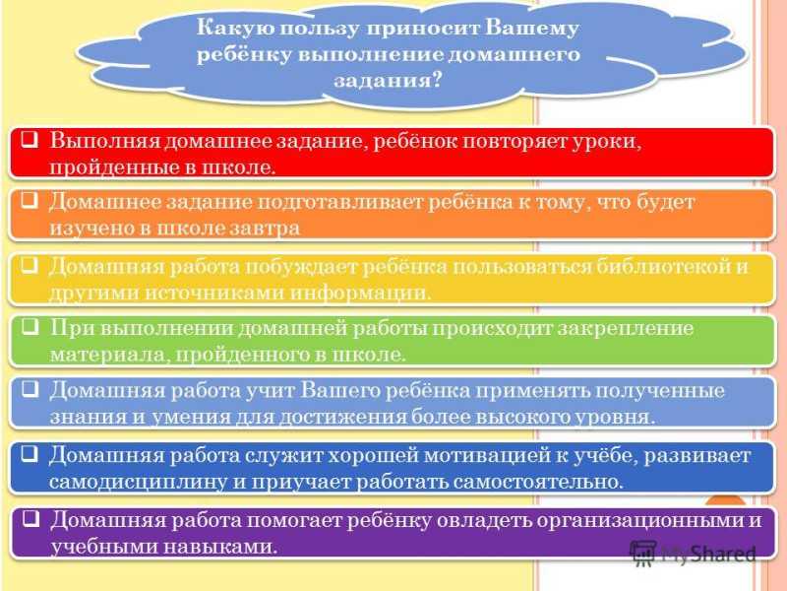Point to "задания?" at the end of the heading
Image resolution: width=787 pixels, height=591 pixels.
point(388,81)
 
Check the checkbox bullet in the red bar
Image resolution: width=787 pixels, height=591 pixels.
point(30,139)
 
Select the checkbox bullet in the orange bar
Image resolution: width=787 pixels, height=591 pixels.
point(30,201)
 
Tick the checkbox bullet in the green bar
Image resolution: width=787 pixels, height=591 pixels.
point(30,327)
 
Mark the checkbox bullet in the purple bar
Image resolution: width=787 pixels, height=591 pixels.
point(30,518)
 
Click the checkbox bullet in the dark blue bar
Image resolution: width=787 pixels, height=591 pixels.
point(30,454)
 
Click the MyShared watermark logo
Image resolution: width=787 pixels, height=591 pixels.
point(693,555)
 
